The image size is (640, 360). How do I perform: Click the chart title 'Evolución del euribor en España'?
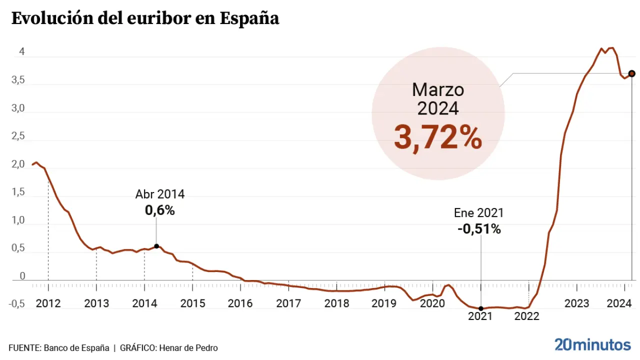point(145,18)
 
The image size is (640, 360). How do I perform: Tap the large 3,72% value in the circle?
point(438,137)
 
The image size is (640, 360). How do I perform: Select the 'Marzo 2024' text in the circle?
point(438,99)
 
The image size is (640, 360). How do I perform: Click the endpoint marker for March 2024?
point(631,73)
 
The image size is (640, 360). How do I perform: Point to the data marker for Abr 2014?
point(156,246)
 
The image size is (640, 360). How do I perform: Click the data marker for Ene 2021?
point(481,308)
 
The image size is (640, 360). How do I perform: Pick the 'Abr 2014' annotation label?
point(160,194)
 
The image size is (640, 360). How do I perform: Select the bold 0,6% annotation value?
point(160,210)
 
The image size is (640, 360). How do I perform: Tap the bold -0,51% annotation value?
point(479,229)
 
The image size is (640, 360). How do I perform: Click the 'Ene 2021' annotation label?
point(479,212)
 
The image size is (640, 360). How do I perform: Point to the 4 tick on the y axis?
point(22,52)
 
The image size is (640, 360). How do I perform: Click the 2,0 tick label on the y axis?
point(18,164)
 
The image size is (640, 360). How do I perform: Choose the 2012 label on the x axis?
point(48,303)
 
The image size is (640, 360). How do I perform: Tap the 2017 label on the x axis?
point(288,303)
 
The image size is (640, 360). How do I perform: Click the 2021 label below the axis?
point(480,316)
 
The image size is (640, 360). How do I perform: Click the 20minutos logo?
point(592,344)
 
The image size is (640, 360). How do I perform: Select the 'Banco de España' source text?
point(76,348)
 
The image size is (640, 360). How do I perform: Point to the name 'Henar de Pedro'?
point(192,348)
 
